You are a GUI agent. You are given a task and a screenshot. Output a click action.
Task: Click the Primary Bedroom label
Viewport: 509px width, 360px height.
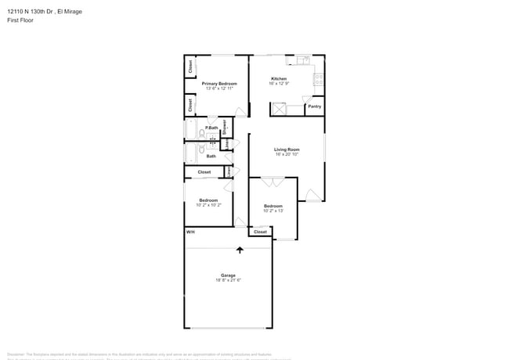pyautogui.click(x=219, y=83)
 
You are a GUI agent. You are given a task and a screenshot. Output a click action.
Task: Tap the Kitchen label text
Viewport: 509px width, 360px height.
pyautogui.click(x=279, y=78)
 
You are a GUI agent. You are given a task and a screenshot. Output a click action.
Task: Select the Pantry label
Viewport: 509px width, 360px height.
pyautogui.click(x=314, y=106)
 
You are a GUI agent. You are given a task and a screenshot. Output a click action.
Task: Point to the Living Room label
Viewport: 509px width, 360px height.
pyautogui.click(x=287, y=149)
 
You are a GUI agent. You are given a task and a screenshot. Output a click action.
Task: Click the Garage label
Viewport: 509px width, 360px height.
pyautogui.click(x=228, y=275)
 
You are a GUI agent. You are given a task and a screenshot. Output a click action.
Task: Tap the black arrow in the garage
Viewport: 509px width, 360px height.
pyautogui.click(x=240, y=250)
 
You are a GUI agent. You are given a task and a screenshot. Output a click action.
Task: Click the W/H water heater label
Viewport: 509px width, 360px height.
pyautogui.click(x=190, y=232)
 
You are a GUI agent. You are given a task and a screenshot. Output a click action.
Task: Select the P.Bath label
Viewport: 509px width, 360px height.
pyautogui.click(x=211, y=128)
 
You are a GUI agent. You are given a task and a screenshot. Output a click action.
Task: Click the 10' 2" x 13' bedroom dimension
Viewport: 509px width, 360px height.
pyautogui.click(x=273, y=211)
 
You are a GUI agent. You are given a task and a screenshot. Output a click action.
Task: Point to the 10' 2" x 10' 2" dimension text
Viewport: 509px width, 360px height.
pyautogui.click(x=208, y=205)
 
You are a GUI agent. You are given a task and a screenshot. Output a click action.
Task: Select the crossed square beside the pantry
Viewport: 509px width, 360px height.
pyautogui.click(x=279, y=109)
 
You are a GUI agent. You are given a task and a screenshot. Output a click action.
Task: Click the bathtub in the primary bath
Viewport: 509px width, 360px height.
pyautogui.click(x=192, y=128)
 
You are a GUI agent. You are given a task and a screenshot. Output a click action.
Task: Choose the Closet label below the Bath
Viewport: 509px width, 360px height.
pyautogui.click(x=204, y=172)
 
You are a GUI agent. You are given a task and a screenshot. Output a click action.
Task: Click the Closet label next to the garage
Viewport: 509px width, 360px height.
pyautogui.click(x=260, y=232)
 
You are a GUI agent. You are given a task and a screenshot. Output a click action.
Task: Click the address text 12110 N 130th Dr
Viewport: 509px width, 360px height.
pyautogui.click(x=31, y=12)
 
